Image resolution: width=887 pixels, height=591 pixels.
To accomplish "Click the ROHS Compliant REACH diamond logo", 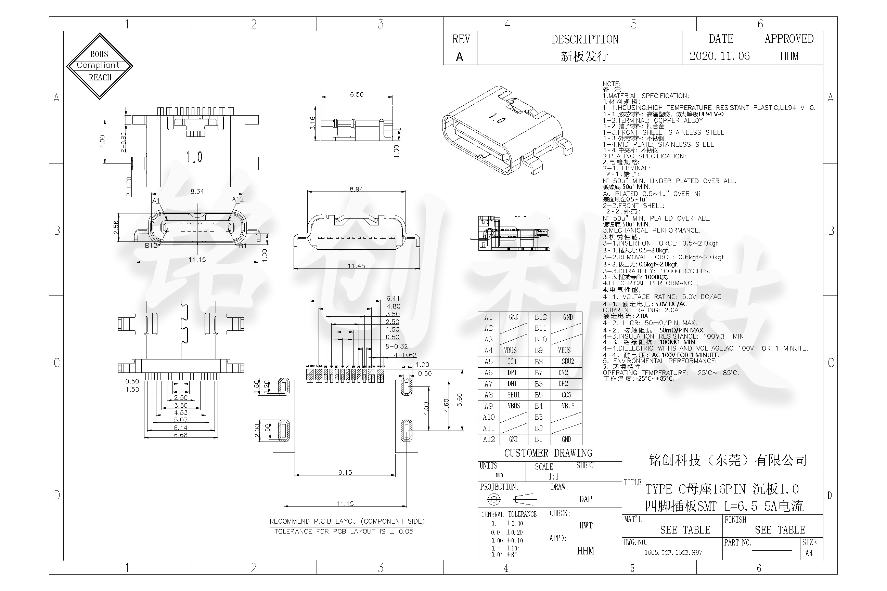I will click(100, 66).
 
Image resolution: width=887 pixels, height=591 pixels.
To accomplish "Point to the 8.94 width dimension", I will click(356, 189).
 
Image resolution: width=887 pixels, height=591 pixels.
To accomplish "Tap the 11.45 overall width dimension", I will click(356, 266).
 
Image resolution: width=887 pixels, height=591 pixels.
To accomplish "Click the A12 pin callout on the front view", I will click(237, 199).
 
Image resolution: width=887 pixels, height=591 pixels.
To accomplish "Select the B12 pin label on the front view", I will click(151, 245).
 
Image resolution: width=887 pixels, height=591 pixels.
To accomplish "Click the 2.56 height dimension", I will click(116, 226).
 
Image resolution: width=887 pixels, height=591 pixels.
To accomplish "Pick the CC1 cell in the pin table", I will click(512, 362).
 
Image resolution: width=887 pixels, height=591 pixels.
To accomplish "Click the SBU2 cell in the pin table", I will click(568, 362).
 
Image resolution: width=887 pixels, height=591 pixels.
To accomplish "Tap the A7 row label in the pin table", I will click(488, 384).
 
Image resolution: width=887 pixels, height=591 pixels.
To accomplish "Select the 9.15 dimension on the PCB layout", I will click(345, 472).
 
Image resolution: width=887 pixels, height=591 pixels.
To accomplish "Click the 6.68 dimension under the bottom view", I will click(181, 435).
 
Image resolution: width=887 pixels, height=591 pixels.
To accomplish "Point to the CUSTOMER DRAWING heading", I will click(548, 453).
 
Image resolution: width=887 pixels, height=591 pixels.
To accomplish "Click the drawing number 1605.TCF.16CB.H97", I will click(673, 553).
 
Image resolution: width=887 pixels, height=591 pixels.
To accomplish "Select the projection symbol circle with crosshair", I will click(494, 499).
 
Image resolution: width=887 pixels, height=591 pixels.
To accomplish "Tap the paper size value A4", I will click(809, 553).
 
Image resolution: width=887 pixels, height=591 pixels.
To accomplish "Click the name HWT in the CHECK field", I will click(586, 525).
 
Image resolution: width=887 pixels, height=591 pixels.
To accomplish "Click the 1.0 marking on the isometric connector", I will click(497, 119).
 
